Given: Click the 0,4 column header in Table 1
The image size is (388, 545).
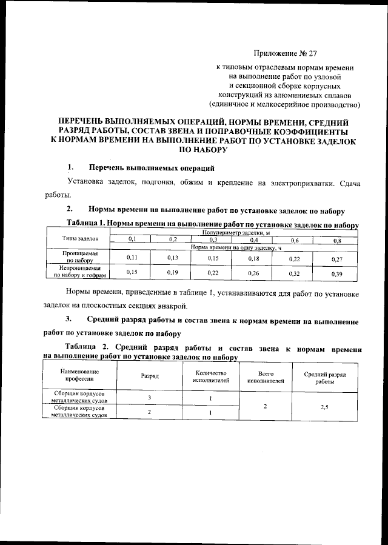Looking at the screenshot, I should (255, 240).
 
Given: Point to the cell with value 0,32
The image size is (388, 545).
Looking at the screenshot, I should (295, 274).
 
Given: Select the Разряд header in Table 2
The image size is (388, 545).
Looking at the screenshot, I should (150, 376).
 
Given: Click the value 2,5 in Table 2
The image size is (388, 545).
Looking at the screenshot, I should (327, 407).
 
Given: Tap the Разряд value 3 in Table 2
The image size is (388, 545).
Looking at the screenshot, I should (150, 398).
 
